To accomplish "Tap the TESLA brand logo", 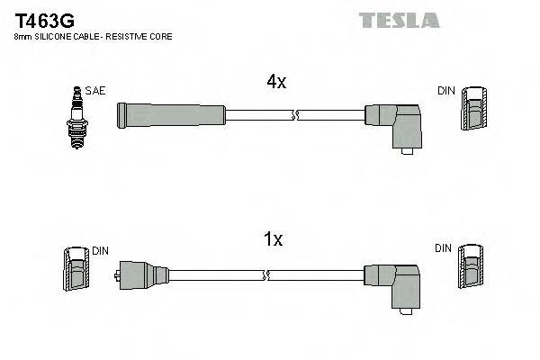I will pos(399,20).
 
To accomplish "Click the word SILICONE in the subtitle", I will pos(49,37).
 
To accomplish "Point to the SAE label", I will pos(94,91).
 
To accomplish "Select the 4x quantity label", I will pos(275,82).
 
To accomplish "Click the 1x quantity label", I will pos(273,239).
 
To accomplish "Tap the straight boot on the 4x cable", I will pos(171,115).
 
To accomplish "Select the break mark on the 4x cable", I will pos(295,115).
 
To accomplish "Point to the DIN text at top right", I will pos(446,91).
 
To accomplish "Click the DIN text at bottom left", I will pos(101,252).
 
